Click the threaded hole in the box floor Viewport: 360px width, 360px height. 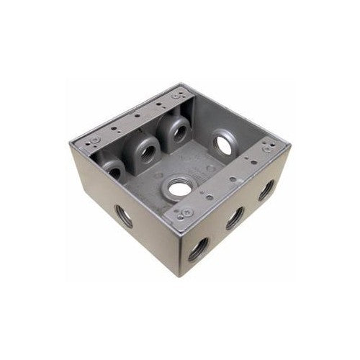point(177,191)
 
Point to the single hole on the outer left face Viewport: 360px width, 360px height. point(124,216)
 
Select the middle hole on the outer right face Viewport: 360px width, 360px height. point(234,218)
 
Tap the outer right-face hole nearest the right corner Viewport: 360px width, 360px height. point(266,189)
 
